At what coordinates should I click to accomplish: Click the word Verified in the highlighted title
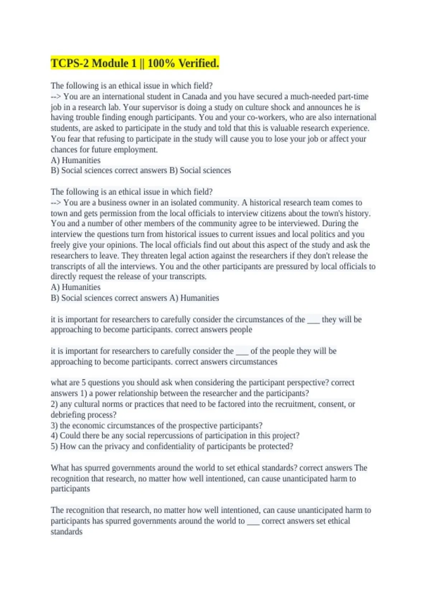[x=199, y=63]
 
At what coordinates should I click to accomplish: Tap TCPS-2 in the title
[x=70, y=63]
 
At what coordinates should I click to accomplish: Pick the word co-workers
[x=267, y=118]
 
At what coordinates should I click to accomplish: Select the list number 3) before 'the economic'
[x=54, y=426]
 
